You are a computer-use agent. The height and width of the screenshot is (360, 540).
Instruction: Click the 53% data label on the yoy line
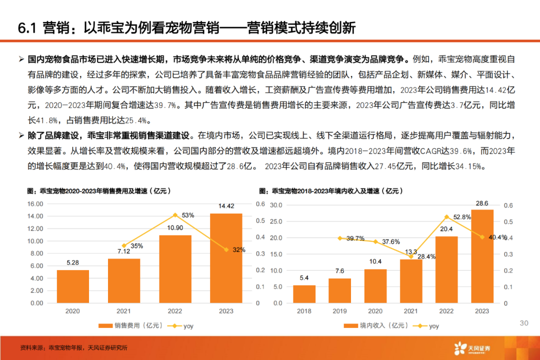click(188, 215)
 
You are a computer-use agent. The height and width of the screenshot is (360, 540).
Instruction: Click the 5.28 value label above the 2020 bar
click(72, 262)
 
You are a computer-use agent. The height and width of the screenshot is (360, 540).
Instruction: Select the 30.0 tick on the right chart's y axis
click(276, 205)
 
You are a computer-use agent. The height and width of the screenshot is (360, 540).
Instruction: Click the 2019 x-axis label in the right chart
click(339, 311)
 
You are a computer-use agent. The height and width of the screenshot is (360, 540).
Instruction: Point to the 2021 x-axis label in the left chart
click(124, 311)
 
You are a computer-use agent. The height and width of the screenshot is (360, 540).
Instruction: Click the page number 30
click(524, 323)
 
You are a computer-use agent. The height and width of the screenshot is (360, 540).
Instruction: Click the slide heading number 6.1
click(28, 27)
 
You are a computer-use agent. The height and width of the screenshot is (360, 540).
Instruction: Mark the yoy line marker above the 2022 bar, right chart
click(446, 216)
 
